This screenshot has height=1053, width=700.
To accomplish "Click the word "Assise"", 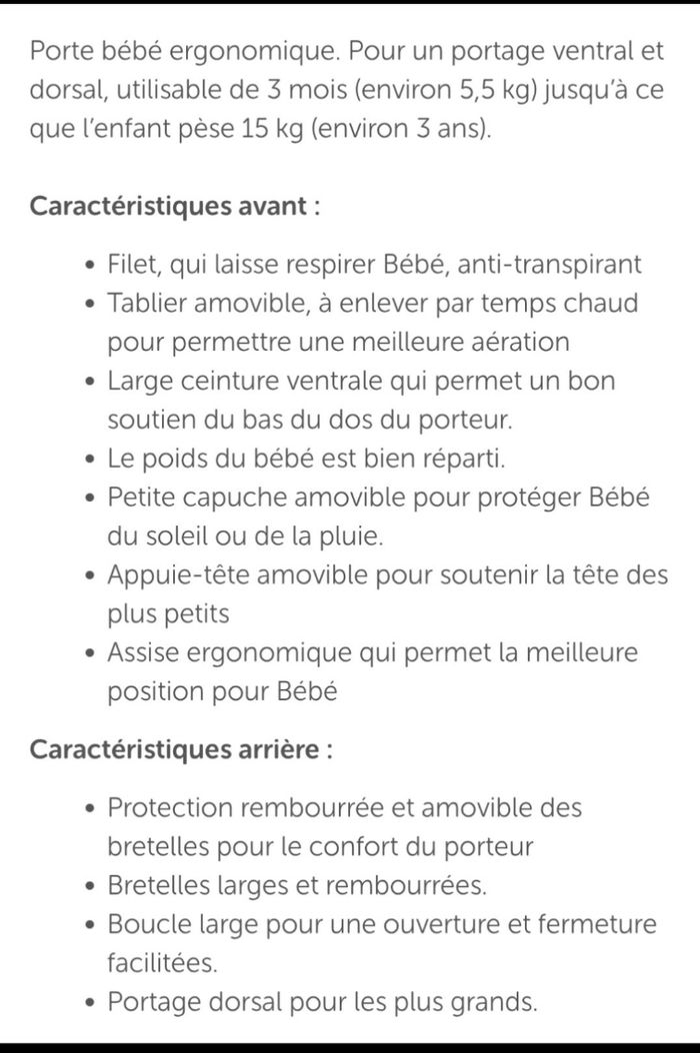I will [x=145, y=653].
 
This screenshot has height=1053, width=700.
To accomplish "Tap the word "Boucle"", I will [x=146, y=924].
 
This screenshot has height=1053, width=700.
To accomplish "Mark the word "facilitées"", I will [x=162, y=963].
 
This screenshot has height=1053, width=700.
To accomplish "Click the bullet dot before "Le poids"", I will [x=91, y=461].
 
